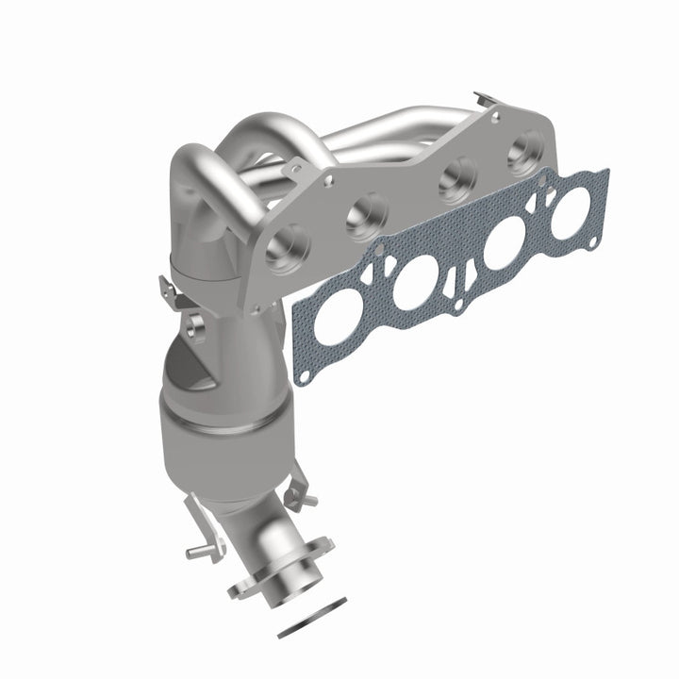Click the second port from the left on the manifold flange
click(368, 213)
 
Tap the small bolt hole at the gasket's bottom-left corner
click(305, 374)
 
